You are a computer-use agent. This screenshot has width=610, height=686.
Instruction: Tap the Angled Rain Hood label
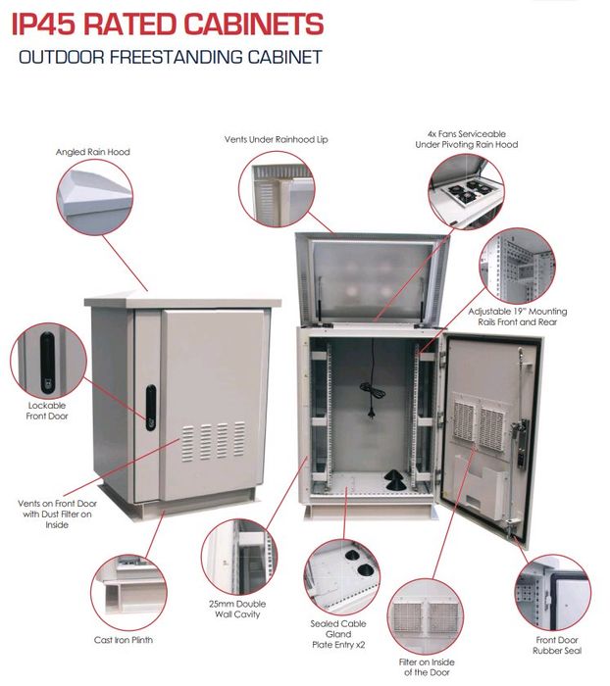click(92, 152)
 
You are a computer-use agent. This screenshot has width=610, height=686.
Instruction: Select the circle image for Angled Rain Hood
click(95, 200)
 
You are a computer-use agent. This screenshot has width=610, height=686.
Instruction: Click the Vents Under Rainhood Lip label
click(277, 140)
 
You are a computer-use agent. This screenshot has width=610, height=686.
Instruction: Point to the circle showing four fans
click(465, 190)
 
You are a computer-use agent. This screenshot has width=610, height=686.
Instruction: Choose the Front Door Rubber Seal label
click(557, 643)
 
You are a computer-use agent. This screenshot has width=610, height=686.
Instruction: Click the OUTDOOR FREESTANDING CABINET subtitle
click(170, 57)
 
